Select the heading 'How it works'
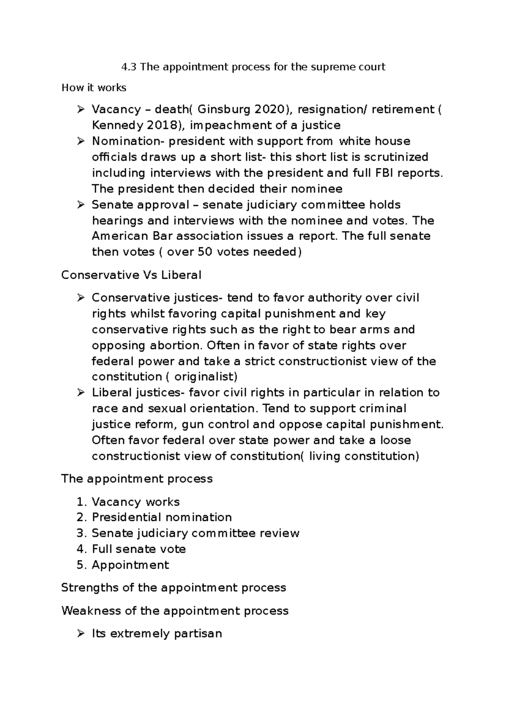click(94, 88)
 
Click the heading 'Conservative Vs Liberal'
click(131, 275)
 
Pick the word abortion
click(176, 346)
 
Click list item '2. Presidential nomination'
click(154, 517)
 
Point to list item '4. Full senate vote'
click(131, 549)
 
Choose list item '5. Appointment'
click(123, 565)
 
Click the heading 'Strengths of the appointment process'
click(173, 588)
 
